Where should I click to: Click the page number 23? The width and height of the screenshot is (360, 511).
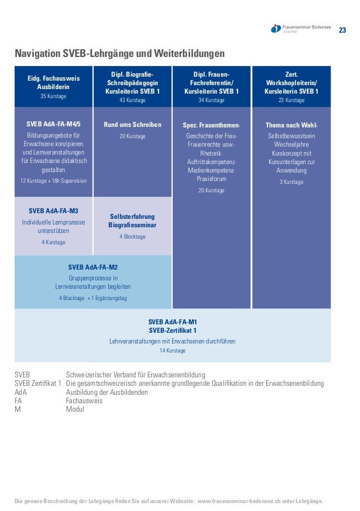[x=342, y=29]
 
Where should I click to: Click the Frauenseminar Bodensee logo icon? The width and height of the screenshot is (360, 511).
[x=276, y=29]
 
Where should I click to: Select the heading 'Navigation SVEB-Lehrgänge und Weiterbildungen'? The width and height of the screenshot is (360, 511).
[x=120, y=54]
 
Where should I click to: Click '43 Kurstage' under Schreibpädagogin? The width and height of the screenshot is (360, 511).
[x=133, y=100]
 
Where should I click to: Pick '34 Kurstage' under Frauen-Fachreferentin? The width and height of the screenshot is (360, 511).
[x=212, y=100]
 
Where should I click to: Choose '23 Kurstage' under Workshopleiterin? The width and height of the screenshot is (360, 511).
[x=291, y=100]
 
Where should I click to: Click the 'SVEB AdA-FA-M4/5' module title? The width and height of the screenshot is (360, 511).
[x=54, y=124]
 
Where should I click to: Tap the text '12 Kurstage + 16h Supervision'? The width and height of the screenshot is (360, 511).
[x=54, y=181]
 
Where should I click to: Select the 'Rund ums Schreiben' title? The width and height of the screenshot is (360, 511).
[x=133, y=125]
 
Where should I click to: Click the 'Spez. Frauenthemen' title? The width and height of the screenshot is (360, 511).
[x=212, y=125]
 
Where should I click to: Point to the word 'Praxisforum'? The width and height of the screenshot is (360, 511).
[x=212, y=179]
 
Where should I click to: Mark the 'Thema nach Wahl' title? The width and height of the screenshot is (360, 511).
[x=291, y=125]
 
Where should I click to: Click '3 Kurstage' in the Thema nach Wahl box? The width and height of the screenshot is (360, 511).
[x=291, y=182]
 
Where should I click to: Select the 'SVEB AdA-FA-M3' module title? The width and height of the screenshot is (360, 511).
[x=54, y=211]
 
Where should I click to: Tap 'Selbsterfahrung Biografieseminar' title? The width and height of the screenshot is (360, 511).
[x=133, y=221]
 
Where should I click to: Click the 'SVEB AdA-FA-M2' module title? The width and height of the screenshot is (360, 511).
[x=93, y=267]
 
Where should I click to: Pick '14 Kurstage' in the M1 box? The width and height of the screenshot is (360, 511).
[x=173, y=351]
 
